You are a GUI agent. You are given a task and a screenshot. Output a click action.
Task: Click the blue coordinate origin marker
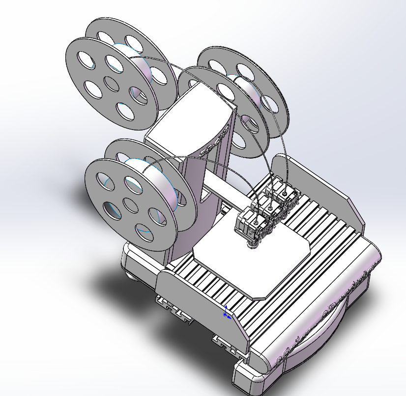click(226, 313)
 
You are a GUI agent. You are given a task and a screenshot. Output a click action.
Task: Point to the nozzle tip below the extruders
click(253, 244)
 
